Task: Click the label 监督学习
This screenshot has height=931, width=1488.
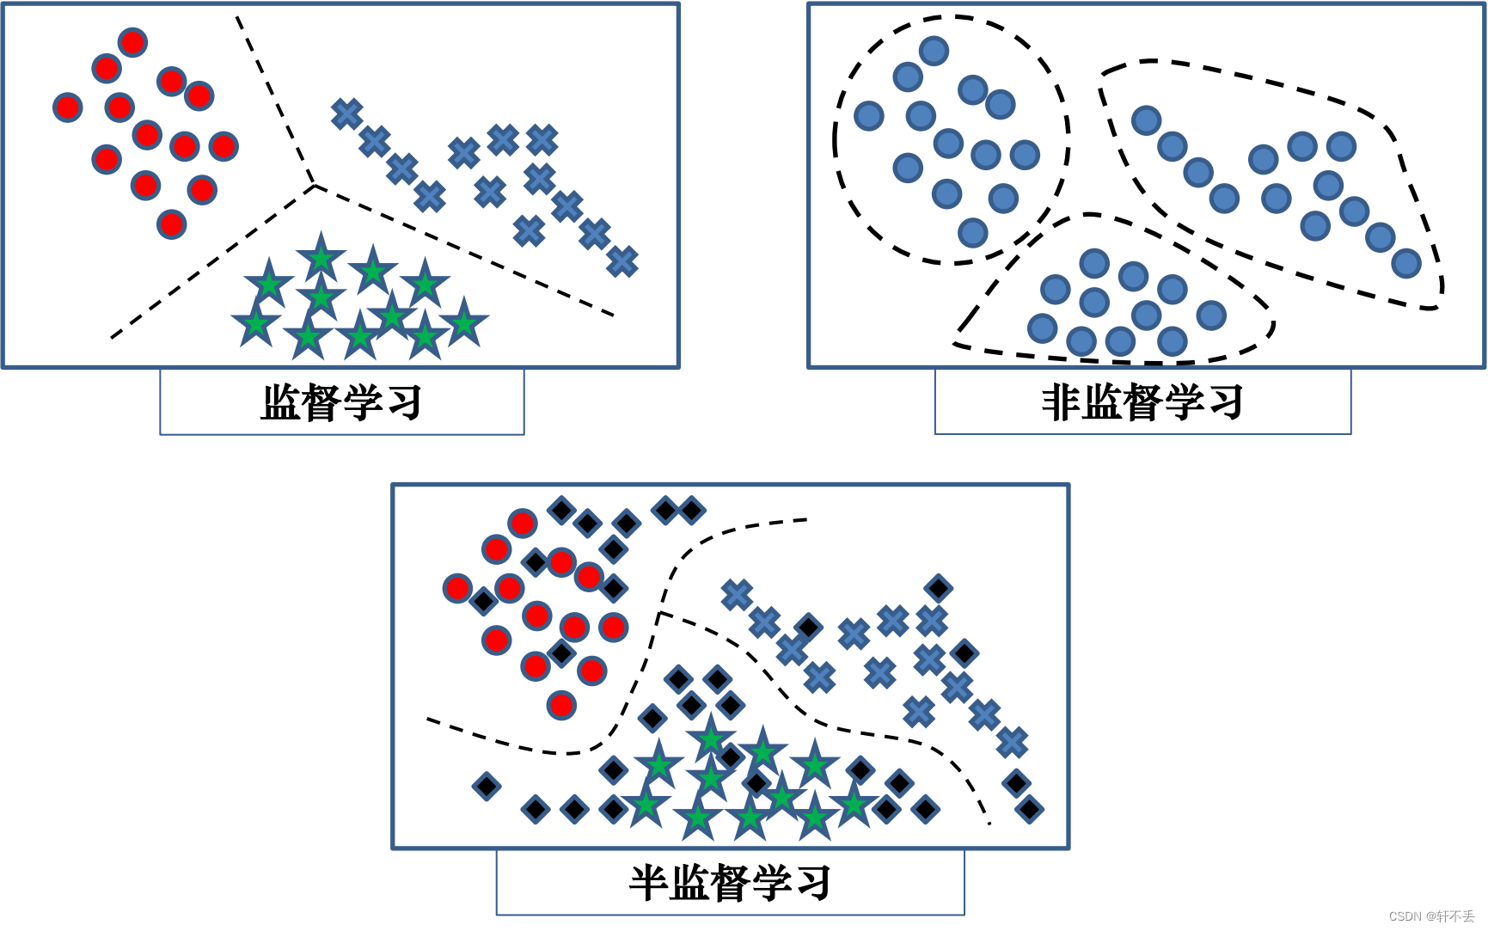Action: [341, 402]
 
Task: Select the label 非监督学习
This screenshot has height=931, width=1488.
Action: [1142, 402]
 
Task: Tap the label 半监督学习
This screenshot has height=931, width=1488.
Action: [730, 883]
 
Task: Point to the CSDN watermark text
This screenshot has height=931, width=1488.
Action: [1431, 916]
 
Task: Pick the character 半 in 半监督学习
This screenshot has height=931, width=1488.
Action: [649, 883]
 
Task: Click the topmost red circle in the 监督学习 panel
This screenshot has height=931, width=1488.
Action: [132, 42]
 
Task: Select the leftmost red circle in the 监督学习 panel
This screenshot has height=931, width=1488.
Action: [67, 107]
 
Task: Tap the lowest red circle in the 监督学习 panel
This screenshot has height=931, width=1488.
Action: [172, 224]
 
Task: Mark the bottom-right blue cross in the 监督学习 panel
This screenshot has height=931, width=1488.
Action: [622, 261]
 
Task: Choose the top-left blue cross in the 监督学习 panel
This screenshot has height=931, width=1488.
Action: [347, 113]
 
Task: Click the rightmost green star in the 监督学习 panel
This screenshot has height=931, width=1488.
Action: [464, 323]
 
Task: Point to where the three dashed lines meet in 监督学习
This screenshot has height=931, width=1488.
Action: [315, 184]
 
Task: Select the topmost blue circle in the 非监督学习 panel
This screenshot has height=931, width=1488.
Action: [934, 51]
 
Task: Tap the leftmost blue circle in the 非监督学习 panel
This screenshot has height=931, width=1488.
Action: [869, 115]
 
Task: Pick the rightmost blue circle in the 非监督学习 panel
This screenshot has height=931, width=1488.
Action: [1406, 263]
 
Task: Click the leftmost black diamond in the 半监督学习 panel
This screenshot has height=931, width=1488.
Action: [486, 785]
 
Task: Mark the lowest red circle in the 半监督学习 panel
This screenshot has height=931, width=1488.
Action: [561, 706]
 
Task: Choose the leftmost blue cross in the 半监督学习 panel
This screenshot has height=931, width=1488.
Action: [737, 594]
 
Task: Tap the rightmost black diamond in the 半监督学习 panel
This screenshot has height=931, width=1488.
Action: [1029, 809]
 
